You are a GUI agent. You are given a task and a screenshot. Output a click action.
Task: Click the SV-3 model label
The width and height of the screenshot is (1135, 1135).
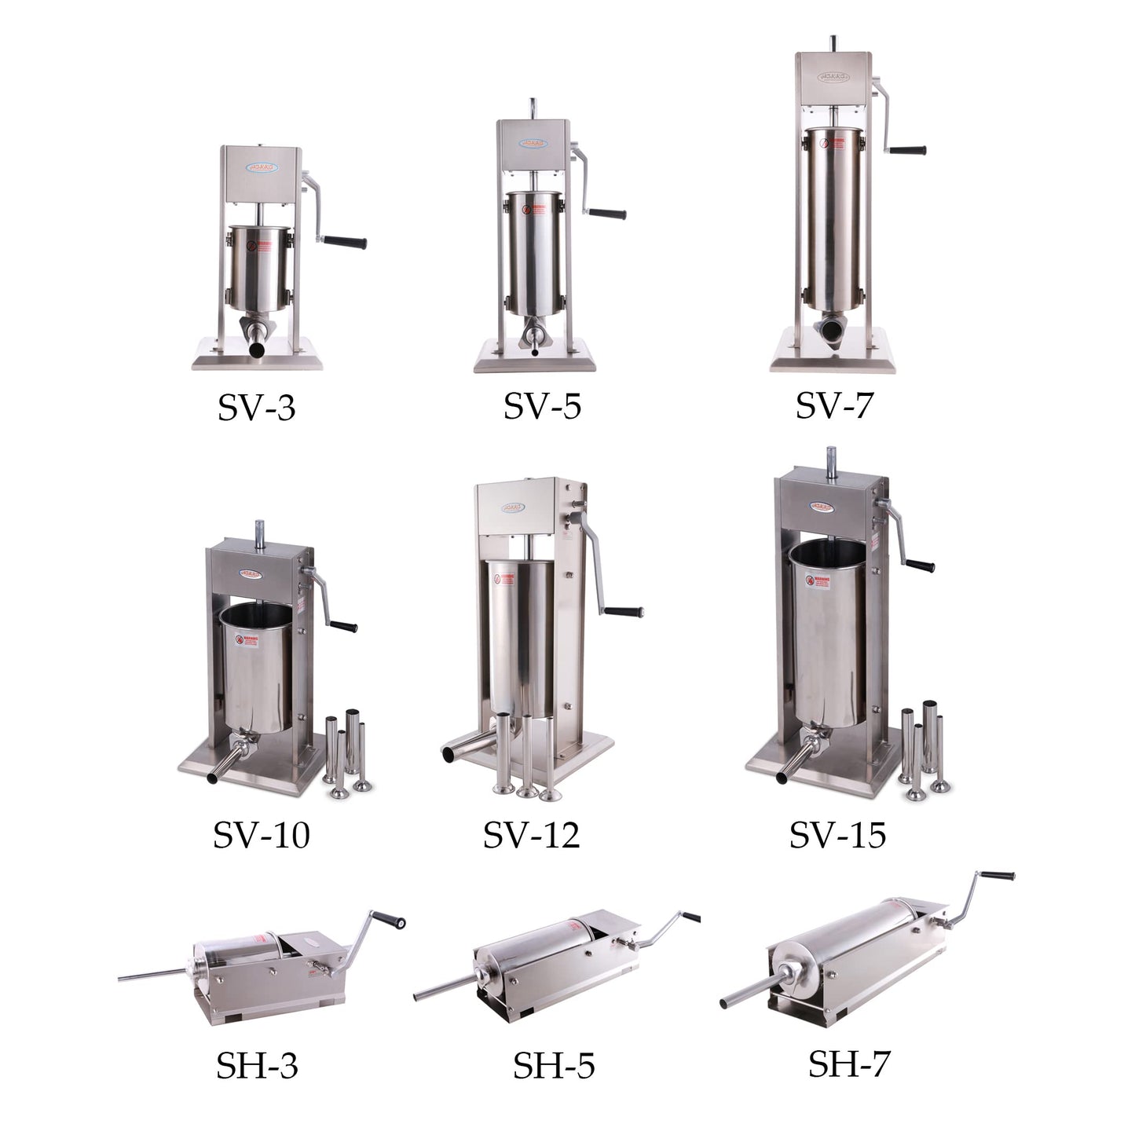point(257,408)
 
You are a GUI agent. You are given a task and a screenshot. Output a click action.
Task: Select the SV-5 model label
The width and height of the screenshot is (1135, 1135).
point(542,406)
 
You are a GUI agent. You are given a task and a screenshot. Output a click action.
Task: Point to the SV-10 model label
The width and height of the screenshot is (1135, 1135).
point(261,835)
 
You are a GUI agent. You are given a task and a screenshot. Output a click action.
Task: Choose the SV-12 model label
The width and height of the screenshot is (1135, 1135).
point(531,835)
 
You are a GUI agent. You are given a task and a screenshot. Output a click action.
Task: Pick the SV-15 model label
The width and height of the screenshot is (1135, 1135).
point(837,835)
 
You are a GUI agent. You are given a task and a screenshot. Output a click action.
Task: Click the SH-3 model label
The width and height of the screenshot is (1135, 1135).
point(257,1066)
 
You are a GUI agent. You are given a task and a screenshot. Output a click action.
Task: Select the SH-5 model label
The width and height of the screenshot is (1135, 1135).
point(553,1066)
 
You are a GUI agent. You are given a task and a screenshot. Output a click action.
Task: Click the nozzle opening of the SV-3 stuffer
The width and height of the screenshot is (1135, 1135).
point(256,348)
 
